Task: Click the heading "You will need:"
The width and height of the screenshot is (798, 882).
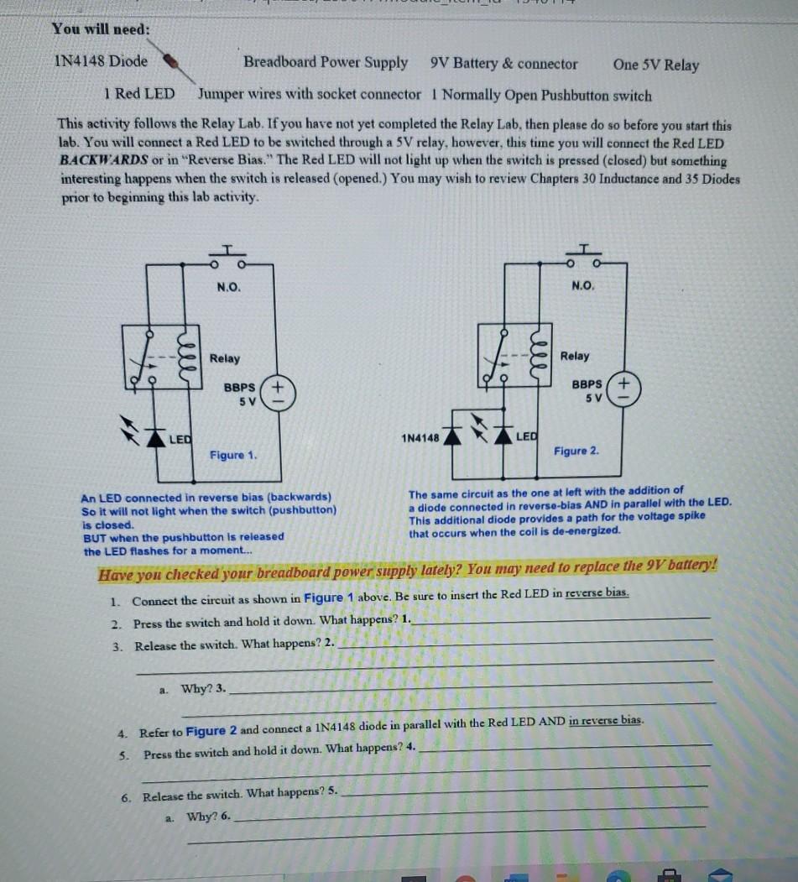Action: click(101, 29)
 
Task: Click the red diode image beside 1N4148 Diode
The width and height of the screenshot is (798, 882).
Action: click(169, 61)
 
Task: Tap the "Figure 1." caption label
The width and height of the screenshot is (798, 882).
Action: click(232, 455)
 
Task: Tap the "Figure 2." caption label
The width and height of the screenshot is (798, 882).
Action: click(576, 451)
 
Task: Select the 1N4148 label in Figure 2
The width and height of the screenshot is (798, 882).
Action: click(420, 438)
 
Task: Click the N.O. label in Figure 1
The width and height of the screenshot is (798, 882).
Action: click(228, 287)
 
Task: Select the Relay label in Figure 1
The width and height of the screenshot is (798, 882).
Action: click(225, 358)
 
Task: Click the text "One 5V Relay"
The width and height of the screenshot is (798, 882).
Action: click(655, 65)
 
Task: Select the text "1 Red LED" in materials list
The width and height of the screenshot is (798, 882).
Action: click(139, 94)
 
